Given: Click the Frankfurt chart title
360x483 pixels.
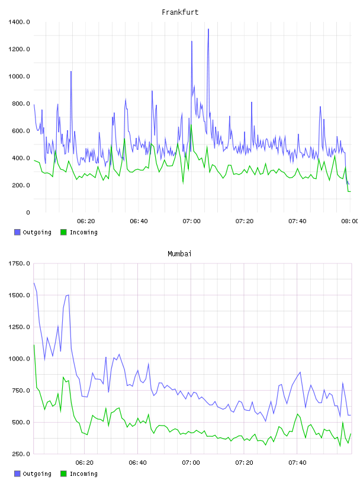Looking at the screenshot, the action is click(180, 12).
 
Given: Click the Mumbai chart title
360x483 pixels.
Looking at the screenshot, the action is click(179, 254).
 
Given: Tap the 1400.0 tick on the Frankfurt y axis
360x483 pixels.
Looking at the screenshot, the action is click(19, 22).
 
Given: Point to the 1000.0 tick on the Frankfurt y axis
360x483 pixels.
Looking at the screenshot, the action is click(19, 76).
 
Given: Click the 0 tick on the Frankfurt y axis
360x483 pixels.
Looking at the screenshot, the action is click(28, 212).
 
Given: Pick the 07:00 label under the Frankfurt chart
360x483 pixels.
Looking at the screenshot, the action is click(191, 221).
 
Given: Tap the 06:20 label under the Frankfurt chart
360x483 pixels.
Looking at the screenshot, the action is click(86, 221).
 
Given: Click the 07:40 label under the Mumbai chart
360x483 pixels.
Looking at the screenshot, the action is click(297, 463).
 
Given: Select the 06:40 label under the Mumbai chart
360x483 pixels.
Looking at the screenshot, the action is click(138, 463).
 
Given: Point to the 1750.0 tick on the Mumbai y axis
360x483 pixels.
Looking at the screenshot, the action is click(19, 263).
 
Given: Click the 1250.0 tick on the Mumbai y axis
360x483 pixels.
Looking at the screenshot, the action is click(19, 327).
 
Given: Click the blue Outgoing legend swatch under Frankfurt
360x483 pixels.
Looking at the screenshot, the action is click(17, 232).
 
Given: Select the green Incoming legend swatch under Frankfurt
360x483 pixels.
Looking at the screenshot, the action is click(63, 232).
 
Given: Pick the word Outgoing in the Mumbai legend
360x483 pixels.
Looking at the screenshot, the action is click(37, 474).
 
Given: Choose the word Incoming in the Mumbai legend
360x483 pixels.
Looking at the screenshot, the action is click(83, 474).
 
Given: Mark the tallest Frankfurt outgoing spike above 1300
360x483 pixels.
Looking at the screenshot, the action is click(208, 30).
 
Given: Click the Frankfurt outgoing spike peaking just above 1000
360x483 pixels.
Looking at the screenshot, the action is click(71, 72).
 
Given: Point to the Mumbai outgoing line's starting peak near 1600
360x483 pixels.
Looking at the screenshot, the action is click(34, 283).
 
